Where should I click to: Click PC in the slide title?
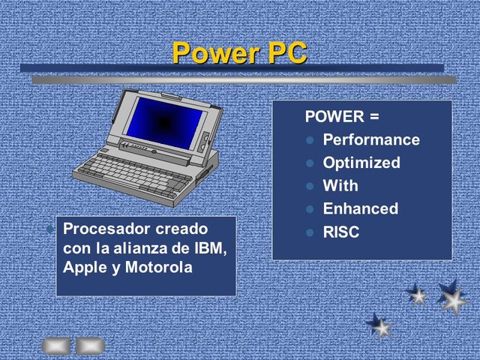286,52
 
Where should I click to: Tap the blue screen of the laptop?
163,120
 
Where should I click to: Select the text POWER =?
341,117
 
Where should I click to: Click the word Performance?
370,140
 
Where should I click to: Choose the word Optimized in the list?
361,163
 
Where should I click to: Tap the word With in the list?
340,186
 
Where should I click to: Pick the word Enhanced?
360,208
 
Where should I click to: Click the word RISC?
340,232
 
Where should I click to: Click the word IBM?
209,247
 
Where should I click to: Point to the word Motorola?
159,267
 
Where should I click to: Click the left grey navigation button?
56,345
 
